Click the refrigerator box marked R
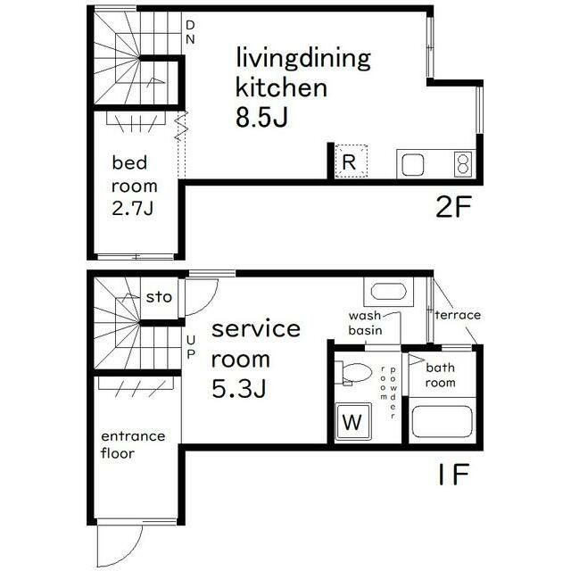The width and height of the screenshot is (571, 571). pos(351,161)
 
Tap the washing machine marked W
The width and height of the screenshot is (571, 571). pos(352,422)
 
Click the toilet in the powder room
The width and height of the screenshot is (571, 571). pos(352,373)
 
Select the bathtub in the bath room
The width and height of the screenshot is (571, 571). pos(443,421)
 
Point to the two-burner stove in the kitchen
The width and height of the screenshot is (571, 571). pos(463,164)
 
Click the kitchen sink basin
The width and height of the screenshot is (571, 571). pos(412,164)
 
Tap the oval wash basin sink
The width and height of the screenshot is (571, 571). pos(389,292)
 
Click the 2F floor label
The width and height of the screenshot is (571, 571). pos(454,207)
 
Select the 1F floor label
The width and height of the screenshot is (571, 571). pos(454,474)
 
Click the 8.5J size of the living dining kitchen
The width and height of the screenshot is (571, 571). pos(261,117)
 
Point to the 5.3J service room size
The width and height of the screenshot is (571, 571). pos(238,389)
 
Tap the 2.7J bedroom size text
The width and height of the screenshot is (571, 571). pos(132,209)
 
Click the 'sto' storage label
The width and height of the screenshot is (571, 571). pos(159,297)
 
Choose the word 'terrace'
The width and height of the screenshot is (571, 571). pos(458,315)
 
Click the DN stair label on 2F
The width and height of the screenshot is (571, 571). pos(190,32)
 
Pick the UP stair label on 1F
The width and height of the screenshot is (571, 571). pos(191,347)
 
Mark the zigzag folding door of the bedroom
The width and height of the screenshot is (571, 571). pos(181,126)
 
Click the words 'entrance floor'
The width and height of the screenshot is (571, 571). pos(133,444)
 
